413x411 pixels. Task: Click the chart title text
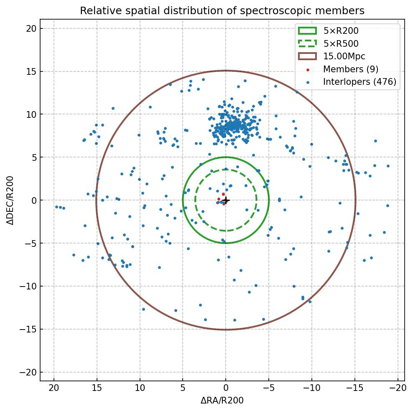coord(222,10)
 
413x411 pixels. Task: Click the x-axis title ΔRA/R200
coord(222,401)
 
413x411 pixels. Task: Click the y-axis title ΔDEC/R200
coord(10,200)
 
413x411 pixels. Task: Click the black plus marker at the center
coord(226,200)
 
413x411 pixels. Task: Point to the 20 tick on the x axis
coord(54,388)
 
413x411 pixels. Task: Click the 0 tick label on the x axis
coord(226,388)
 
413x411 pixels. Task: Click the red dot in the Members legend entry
coord(307,69)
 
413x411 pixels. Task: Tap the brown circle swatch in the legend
coord(307,56)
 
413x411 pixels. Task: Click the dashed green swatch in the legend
coord(307,43)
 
